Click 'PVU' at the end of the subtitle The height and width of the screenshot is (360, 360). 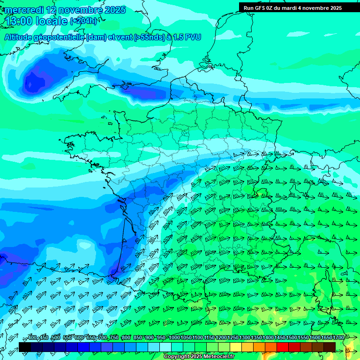coord(193,37)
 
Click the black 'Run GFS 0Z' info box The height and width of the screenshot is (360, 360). coord(299,7)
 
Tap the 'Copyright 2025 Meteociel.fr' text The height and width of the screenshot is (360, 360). coord(199,356)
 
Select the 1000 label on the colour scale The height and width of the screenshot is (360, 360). coord(174,337)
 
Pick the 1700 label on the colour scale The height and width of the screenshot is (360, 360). coord(337,337)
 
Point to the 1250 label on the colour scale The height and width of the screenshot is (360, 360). coord(233,337)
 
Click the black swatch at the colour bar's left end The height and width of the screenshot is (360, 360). coord(24,347)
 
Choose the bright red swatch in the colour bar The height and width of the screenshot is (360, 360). coord(283,347)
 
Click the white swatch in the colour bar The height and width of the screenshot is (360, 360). coord(165,347)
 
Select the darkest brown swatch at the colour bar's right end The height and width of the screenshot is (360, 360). coord(330,347)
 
